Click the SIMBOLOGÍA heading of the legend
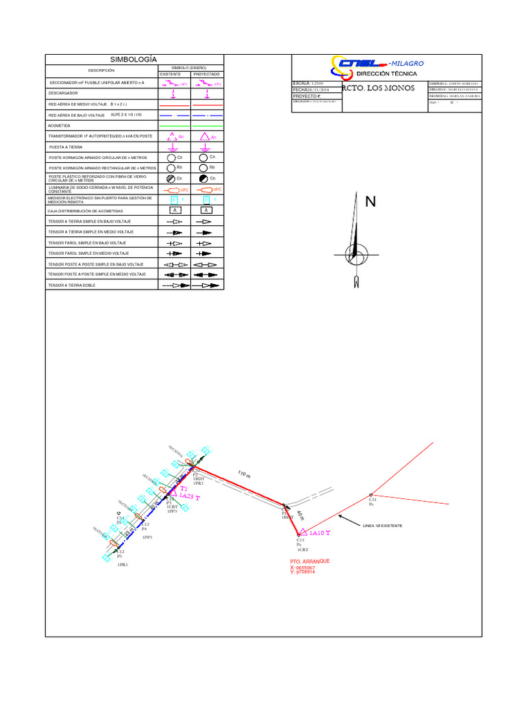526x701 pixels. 134,60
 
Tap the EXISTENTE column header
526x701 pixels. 171,74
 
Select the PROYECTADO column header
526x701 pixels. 206,74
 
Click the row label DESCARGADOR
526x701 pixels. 63,93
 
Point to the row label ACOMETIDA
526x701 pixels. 60,126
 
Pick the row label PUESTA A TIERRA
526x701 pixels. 64,147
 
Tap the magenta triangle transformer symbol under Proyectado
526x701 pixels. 204,137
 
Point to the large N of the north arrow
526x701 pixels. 371,202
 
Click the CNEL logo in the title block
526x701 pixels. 360,64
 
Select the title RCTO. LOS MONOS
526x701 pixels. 377,88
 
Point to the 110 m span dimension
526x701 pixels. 245,474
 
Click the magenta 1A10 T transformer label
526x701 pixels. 319,533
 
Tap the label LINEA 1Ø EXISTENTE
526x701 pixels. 382,526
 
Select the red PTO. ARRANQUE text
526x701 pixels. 310,561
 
